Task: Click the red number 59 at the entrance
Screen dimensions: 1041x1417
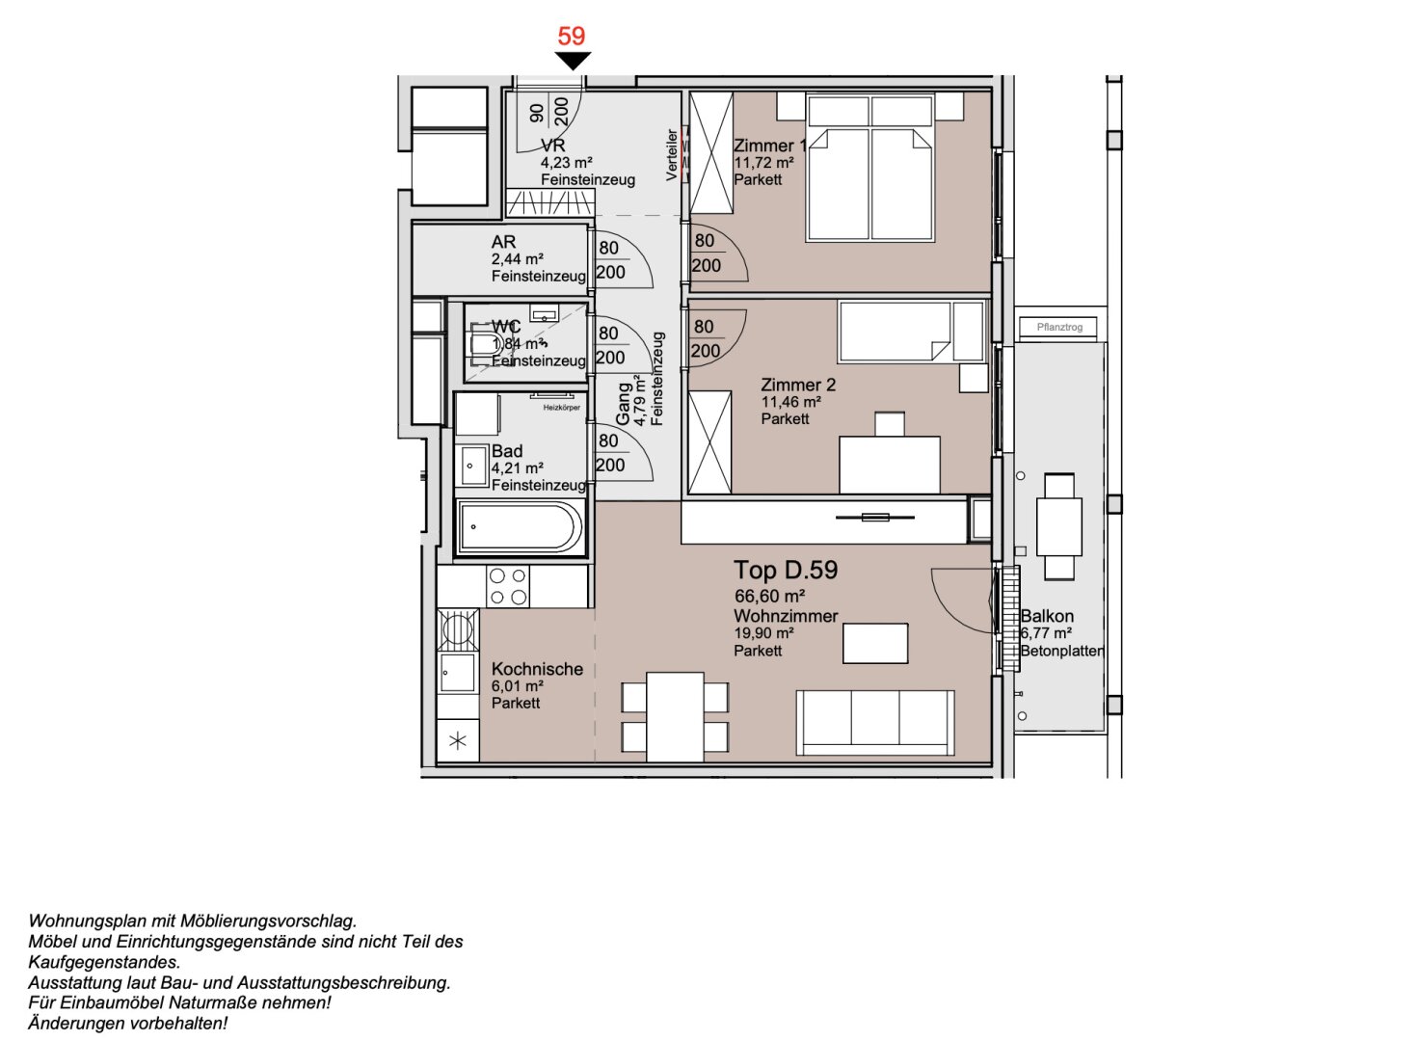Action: pyautogui.click(x=572, y=36)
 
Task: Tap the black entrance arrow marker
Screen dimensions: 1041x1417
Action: pyautogui.click(x=573, y=61)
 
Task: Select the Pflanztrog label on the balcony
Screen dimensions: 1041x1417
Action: pyautogui.click(x=1059, y=328)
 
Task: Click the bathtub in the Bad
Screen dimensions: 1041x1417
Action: pyautogui.click(x=520, y=527)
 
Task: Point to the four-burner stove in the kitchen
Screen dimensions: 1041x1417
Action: pyautogui.click(x=508, y=586)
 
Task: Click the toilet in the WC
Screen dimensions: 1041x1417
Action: pyautogui.click(x=483, y=343)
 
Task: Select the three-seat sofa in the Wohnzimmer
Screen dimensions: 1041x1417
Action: pyautogui.click(x=875, y=723)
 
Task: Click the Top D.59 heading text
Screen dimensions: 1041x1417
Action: pyautogui.click(x=786, y=570)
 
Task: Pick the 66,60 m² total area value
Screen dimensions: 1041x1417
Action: pyautogui.click(x=769, y=597)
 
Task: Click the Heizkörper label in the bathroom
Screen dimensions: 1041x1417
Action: pyautogui.click(x=561, y=408)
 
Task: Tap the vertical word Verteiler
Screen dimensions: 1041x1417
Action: pyautogui.click(x=672, y=154)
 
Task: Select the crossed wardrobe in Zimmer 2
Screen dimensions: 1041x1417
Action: pyautogui.click(x=710, y=443)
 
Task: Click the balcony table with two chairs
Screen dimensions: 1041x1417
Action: pyautogui.click(x=1059, y=525)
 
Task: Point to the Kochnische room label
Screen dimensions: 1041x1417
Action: pyautogui.click(x=537, y=669)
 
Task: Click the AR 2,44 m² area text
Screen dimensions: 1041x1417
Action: pyautogui.click(x=518, y=259)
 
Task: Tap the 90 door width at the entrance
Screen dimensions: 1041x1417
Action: pyautogui.click(x=538, y=113)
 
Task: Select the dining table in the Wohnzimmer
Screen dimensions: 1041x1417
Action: pyautogui.click(x=675, y=716)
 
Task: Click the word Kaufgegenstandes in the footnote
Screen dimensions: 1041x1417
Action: pyautogui.click(x=104, y=962)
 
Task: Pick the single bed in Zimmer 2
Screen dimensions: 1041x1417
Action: pyautogui.click(x=911, y=332)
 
